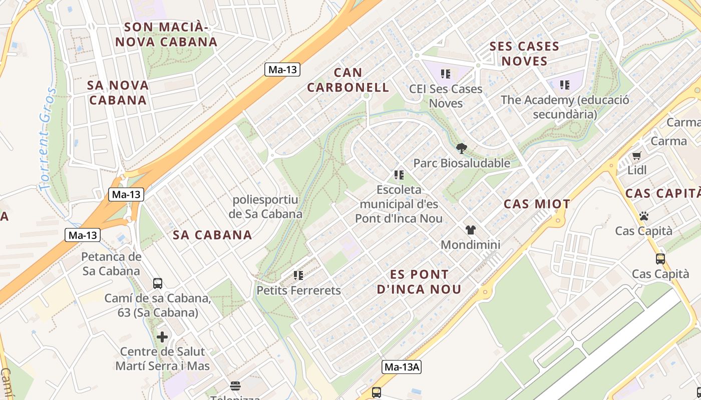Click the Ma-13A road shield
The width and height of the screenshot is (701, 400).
point(402,367)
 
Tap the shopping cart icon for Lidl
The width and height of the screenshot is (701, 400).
point(636,155)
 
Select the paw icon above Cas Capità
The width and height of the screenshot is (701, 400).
point(643,216)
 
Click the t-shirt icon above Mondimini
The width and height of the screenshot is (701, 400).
point(470,230)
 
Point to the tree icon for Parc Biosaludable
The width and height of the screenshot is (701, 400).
point(462,148)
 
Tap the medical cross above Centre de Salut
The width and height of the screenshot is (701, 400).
point(162,336)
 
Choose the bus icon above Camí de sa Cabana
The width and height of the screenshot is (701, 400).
point(158,283)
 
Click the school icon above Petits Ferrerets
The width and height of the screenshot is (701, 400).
point(298,275)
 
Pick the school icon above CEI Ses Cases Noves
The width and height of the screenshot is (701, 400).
point(446,74)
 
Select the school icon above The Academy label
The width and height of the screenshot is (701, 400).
point(565,85)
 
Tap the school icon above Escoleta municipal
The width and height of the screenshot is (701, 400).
point(399,174)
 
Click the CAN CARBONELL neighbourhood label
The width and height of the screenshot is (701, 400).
point(348,80)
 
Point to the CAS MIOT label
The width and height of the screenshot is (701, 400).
point(537,204)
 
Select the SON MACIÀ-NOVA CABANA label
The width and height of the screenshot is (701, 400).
point(167,34)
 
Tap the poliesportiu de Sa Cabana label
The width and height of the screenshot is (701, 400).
point(265,207)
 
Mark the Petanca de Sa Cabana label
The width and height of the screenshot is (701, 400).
point(111,264)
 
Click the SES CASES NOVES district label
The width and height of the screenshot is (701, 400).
point(524,53)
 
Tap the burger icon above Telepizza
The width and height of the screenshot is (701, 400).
point(235,385)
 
